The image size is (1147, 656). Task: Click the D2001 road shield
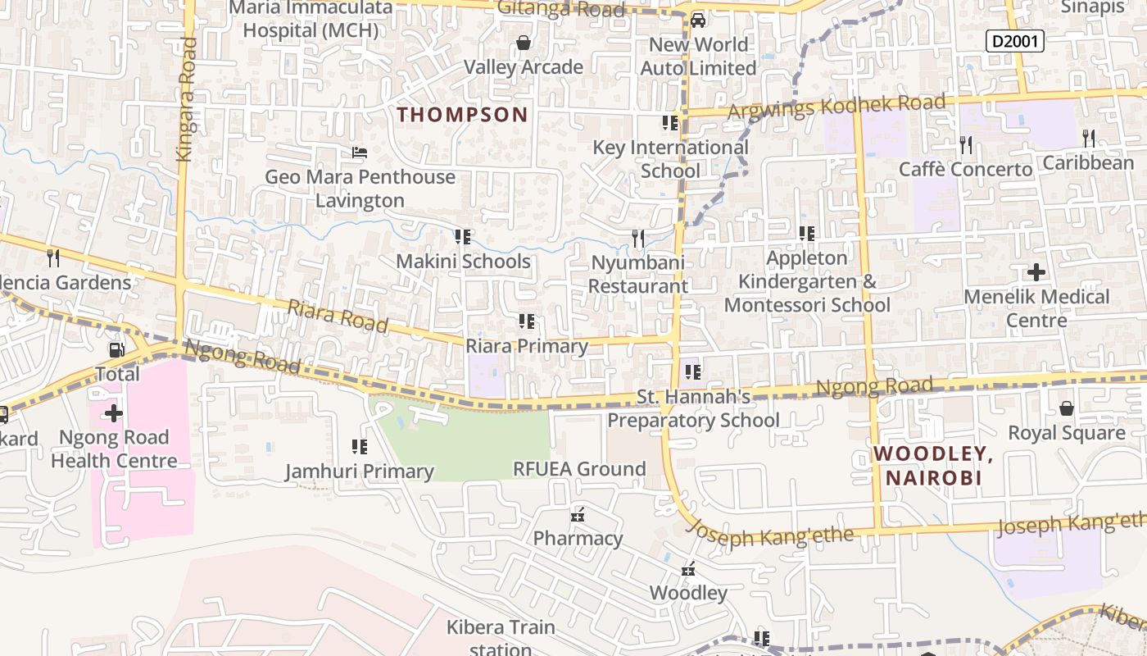pos(1014,40)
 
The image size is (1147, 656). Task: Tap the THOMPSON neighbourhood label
pos(463,115)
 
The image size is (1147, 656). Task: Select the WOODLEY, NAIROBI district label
pos(933,466)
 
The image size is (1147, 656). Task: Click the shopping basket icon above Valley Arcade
pos(523,43)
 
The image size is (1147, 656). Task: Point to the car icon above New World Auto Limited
pos(697,20)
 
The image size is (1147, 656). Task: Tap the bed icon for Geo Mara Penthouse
pos(359,153)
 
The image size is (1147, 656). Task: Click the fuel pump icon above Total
pos(117,350)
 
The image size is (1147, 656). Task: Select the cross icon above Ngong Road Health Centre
pos(114,413)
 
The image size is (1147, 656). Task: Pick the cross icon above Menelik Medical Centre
pos(1036,271)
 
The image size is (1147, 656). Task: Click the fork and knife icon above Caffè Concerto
pos(966,145)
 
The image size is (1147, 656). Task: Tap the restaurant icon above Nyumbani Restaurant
pos(637,239)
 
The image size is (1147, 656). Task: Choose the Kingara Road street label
pos(187,98)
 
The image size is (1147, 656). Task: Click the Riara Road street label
pos(338,316)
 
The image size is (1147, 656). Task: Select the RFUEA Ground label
pos(579,469)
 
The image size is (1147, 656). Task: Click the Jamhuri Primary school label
pos(359,471)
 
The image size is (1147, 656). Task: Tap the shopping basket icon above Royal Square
pos(1066,408)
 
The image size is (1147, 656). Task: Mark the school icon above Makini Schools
pos(463,237)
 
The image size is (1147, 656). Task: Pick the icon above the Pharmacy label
pos(578,515)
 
